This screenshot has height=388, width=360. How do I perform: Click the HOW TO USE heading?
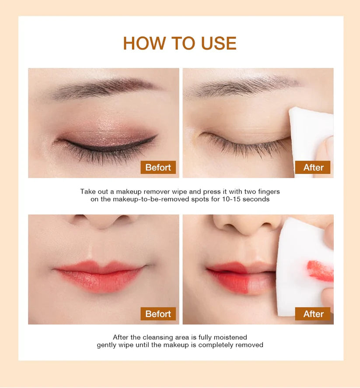coord(180,43)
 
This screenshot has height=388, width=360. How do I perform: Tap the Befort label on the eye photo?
coord(158,167)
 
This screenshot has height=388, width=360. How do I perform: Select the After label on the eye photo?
coord(313,167)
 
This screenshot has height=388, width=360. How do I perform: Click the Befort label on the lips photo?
coord(158,314)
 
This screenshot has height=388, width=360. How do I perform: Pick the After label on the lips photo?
coord(313,314)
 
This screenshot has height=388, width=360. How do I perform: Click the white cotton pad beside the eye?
coord(311,138)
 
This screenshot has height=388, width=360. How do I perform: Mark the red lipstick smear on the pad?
coord(320,271)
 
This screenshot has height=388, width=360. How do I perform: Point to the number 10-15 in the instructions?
coord(231,199)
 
